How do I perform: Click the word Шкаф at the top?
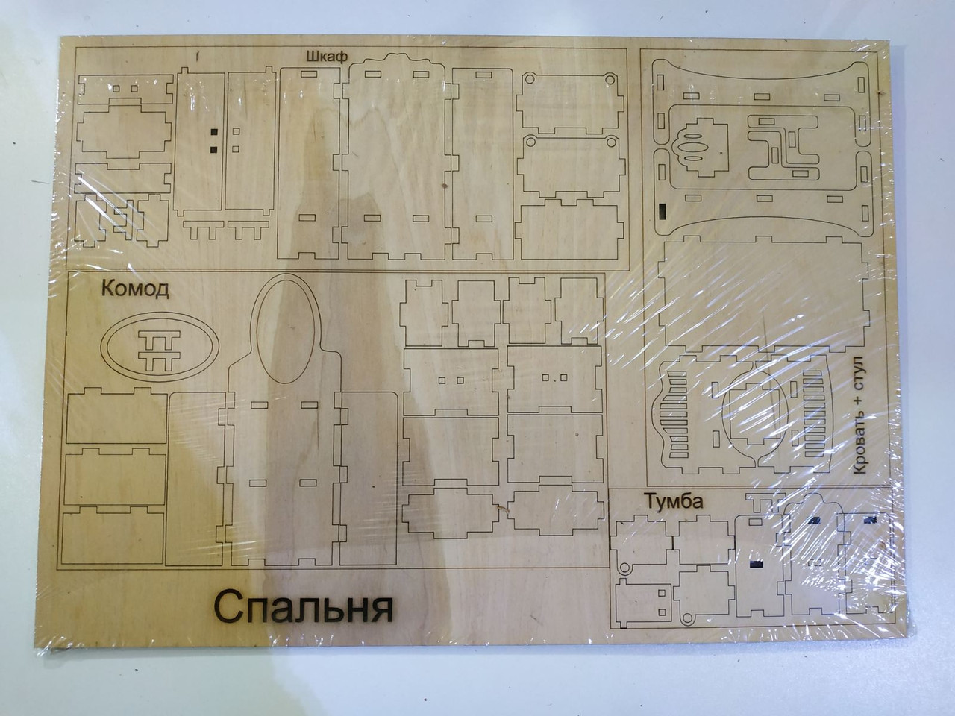[x=326, y=54]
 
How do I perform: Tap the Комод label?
[x=135, y=289]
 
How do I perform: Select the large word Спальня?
[x=304, y=607]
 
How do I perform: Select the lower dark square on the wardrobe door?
[x=213, y=149]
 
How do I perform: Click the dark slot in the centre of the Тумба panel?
[x=755, y=566]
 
